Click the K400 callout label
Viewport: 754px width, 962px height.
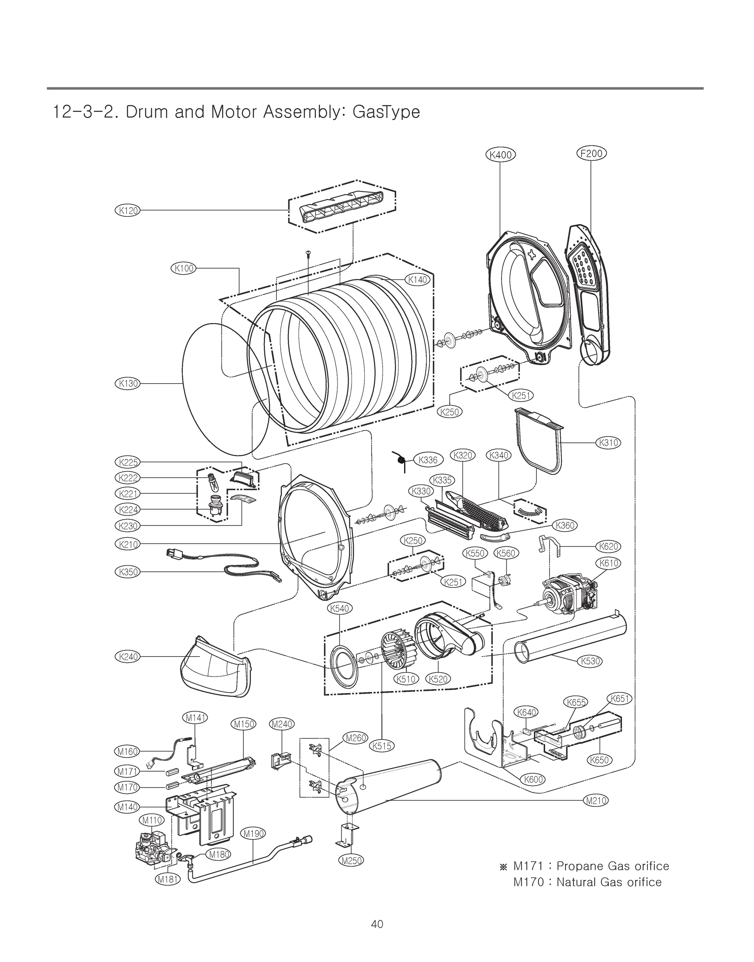[501, 155]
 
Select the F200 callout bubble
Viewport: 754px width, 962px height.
[592, 154]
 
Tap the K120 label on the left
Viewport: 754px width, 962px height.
[127, 210]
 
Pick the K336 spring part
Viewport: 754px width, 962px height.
[401, 461]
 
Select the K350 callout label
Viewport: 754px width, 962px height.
[127, 572]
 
